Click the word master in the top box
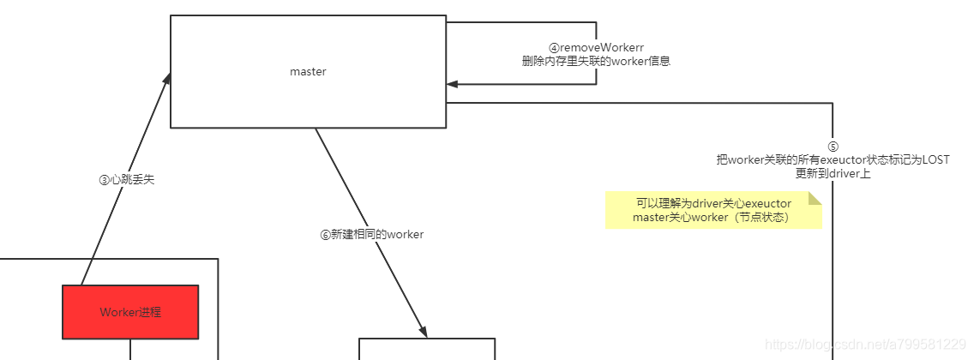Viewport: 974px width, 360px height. (x=308, y=72)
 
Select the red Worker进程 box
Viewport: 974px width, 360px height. (x=130, y=312)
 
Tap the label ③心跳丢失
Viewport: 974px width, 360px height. (x=127, y=180)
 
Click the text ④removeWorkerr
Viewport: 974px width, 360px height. (x=596, y=48)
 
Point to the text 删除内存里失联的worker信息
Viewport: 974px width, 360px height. (x=596, y=62)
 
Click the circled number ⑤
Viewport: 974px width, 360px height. (x=833, y=147)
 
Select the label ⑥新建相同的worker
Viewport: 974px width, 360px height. (x=372, y=234)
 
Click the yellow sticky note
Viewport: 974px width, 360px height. (x=712, y=211)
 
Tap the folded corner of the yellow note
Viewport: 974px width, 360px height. (x=815, y=198)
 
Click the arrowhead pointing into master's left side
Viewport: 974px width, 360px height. (x=166, y=79)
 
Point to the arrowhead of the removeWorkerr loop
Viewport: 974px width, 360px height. (x=452, y=84)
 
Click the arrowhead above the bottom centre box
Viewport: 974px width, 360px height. (x=422, y=332)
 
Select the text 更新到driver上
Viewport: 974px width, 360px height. (x=833, y=173)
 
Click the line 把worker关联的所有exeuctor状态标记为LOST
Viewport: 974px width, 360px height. (x=833, y=160)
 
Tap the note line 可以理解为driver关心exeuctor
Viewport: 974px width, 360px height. (x=712, y=204)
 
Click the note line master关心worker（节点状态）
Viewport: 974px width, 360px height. (x=711, y=218)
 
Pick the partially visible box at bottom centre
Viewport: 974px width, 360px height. (x=426, y=349)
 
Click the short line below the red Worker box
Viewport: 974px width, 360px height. (x=130, y=349)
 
